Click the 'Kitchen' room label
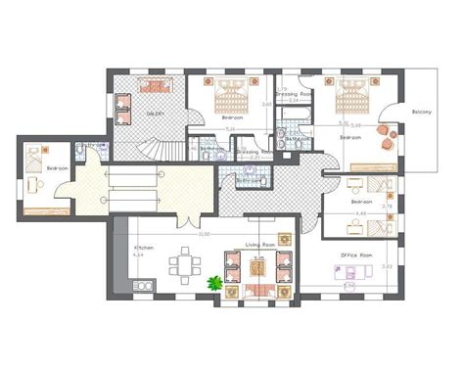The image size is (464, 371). pyautogui.click(x=143, y=248)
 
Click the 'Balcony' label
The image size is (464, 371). pyautogui.click(x=424, y=110)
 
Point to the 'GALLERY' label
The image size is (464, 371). pyautogui.click(x=155, y=114)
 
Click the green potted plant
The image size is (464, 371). pyautogui.click(x=214, y=283)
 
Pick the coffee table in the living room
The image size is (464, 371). pyautogui.click(x=259, y=266)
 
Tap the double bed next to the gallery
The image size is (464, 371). pyautogui.click(x=233, y=94)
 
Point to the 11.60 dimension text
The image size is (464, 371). pyautogui.click(x=204, y=233)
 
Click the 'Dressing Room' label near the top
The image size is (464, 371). pyautogui.click(x=294, y=92)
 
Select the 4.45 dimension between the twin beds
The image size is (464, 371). pyautogui.click(x=359, y=213)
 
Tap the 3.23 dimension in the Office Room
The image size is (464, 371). pyautogui.click(x=386, y=265)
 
